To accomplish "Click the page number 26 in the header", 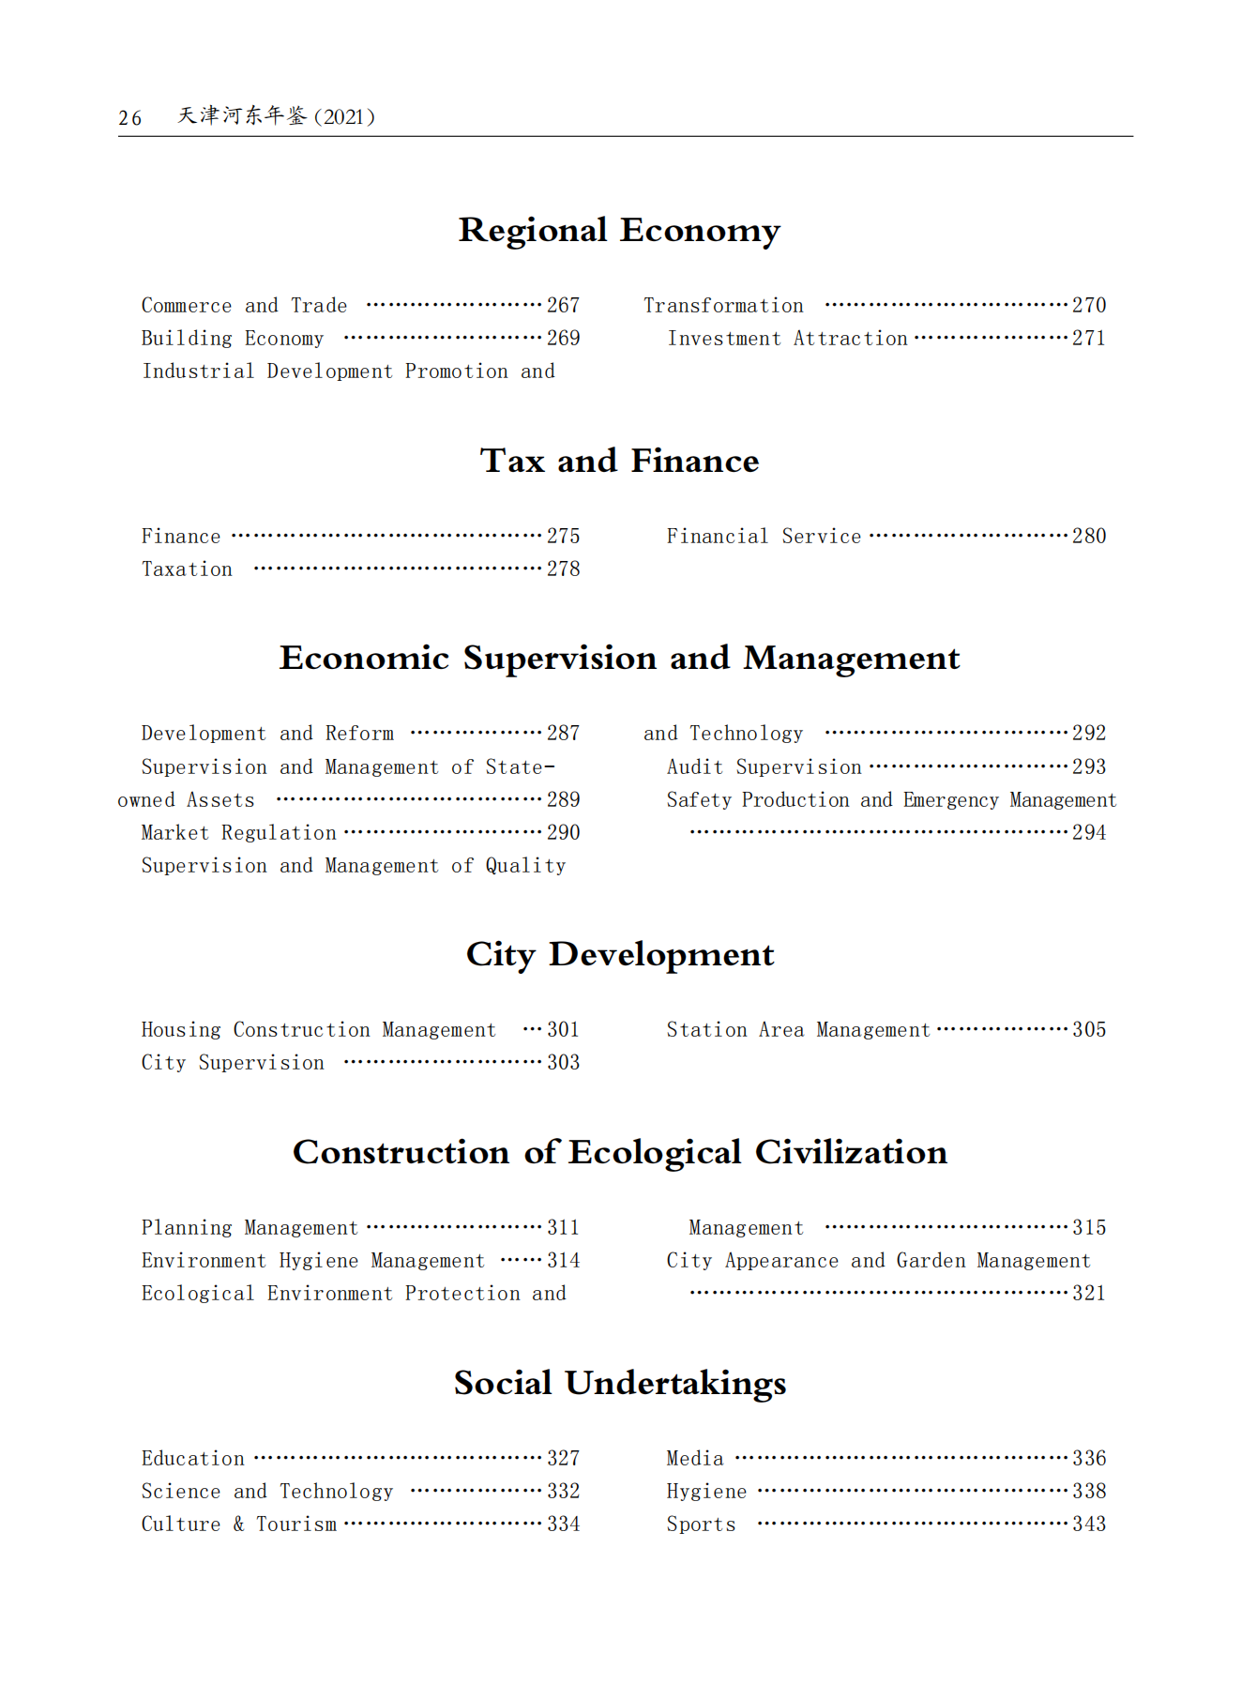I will [x=129, y=117].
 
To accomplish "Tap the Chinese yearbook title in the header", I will [x=276, y=115].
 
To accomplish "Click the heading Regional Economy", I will [x=619, y=230].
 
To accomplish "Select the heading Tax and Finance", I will [x=619, y=461].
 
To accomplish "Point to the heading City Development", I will [x=619, y=954].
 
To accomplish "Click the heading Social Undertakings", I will [x=619, y=1383].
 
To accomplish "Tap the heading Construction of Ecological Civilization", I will [x=619, y=1152].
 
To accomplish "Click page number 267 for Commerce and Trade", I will [x=563, y=305].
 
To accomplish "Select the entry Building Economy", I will [x=233, y=338].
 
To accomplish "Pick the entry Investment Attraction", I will [x=787, y=338].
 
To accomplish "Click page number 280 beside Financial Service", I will [x=1088, y=536].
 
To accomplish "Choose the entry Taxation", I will [x=187, y=569].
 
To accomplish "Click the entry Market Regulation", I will [x=238, y=832].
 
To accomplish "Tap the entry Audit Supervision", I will [x=764, y=766].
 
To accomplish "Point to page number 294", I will [x=1088, y=832].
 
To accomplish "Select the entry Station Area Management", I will [x=797, y=1029].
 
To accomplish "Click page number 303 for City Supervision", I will [x=563, y=1062].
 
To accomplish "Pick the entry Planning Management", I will [x=250, y=1227].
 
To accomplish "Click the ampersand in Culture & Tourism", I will [x=238, y=1524].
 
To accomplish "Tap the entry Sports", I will [x=701, y=1524].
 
